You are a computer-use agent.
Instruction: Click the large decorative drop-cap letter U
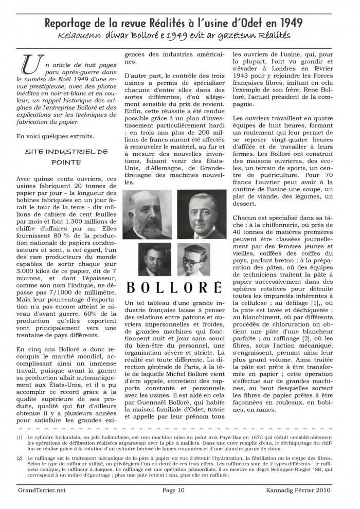coord(31,64)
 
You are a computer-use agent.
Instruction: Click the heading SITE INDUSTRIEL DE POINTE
coord(66,157)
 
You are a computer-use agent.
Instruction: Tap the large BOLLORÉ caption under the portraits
coord(174,286)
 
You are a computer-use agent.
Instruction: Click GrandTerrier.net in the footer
coord(41,490)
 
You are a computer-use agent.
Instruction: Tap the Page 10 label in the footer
coord(173,490)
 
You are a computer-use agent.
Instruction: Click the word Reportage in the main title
coord(68,23)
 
